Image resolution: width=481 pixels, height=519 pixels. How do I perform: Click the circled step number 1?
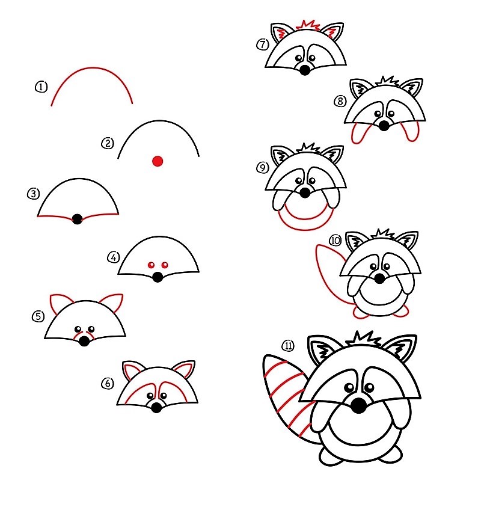click(41, 87)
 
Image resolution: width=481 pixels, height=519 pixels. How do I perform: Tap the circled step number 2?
click(108, 143)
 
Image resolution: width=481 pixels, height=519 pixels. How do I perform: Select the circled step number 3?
click(33, 194)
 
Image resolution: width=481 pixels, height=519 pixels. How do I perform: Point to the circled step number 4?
click(113, 257)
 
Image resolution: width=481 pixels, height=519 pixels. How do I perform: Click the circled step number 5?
click(38, 316)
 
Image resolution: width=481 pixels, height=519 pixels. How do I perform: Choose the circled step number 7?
click(262, 44)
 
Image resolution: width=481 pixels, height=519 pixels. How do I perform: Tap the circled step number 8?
click(340, 101)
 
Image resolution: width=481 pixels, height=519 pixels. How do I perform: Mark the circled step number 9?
click(262, 168)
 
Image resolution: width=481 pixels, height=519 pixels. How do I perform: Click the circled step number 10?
click(335, 241)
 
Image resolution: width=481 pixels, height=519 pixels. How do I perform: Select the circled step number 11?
click(288, 345)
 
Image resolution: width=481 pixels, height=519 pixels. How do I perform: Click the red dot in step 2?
click(158, 161)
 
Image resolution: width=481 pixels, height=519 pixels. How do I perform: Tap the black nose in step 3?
click(77, 219)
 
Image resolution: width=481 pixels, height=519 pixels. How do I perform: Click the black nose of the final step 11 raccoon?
click(359, 406)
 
